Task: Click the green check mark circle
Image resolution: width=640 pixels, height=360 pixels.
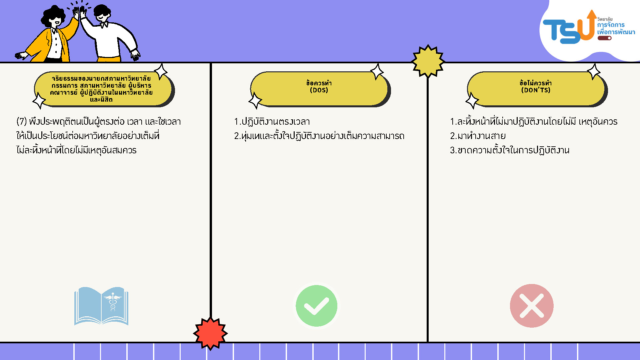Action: coord(316,306)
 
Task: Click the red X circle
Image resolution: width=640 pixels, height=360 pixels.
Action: coord(532,306)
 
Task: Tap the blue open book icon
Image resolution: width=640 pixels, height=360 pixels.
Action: coord(101,306)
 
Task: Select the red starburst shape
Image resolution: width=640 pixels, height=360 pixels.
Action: coord(210,333)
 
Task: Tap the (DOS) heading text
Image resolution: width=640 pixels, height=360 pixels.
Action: coord(319,90)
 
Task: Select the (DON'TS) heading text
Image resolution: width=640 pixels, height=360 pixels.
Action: coord(536,90)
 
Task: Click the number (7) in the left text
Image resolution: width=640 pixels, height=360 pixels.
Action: coord(22,121)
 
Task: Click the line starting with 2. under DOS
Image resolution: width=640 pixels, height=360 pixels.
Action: coord(319,136)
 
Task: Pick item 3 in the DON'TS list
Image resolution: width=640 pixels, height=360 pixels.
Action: coord(510,150)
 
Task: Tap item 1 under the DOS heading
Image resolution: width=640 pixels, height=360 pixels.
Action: coord(272,122)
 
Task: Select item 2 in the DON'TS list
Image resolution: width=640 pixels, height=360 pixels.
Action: coord(478,136)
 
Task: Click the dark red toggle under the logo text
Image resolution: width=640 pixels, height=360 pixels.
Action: coord(604,38)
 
